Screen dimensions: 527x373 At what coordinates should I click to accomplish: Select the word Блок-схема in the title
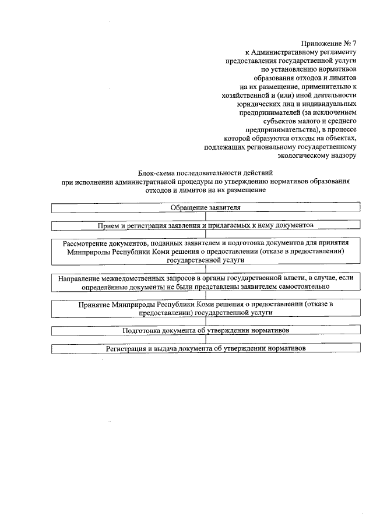coord(157,173)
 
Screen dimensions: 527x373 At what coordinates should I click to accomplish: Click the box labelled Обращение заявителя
coord(205,207)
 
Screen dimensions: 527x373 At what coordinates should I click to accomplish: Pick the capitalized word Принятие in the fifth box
coord(94,304)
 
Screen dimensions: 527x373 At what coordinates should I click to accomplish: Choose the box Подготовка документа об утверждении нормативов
coord(205,330)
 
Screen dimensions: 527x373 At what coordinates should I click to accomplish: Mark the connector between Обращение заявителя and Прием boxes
coord(205,215)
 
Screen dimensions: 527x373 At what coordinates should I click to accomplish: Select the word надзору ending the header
coord(342,155)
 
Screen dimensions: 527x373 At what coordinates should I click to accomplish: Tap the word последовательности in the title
coord(209,173)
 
